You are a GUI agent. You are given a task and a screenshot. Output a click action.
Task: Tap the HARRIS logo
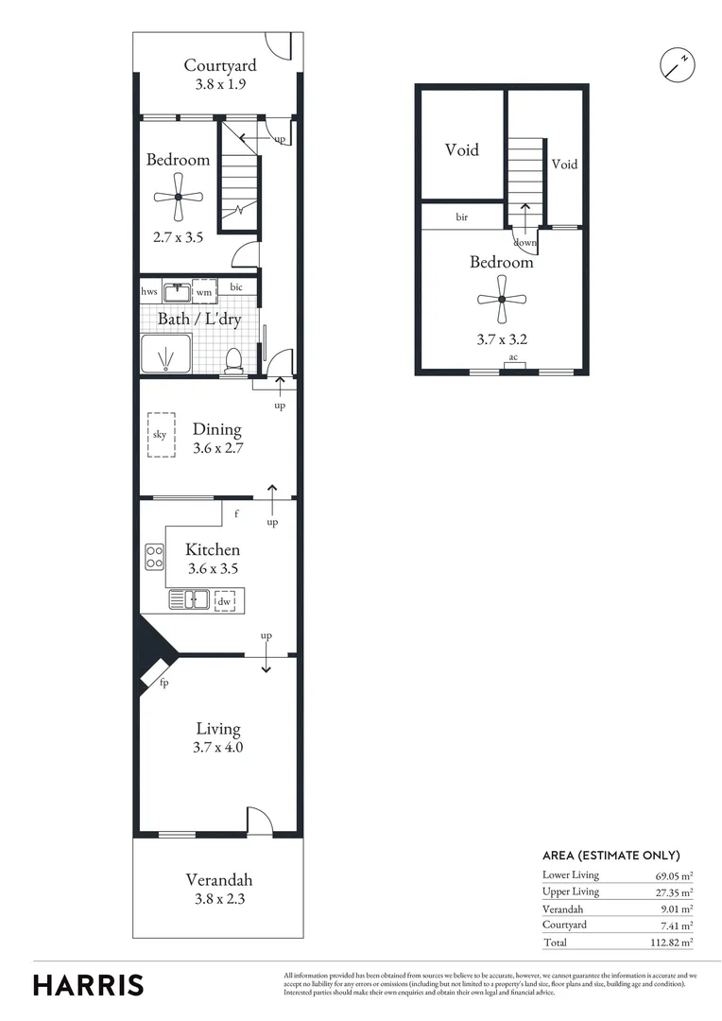(x=89, y=984)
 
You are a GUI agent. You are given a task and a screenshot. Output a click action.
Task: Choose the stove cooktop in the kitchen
(x=153, y=558)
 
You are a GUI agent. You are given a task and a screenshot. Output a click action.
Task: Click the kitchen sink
(x=190, y=599)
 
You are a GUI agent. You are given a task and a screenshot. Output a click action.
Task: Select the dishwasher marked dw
(x=224, y=600)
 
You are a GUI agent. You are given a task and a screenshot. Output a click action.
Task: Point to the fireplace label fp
(x=163, y=683)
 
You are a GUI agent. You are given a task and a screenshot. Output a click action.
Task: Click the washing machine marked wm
(x=204, y=292)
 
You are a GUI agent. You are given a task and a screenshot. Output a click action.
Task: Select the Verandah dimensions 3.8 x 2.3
(x=218, y=900)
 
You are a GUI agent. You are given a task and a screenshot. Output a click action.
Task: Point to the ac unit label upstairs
(x=513, y=357)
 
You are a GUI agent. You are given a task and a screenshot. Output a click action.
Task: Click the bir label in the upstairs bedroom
(x=462, y=216)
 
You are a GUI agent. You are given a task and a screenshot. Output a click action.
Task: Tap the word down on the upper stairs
(x=524, y=242)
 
